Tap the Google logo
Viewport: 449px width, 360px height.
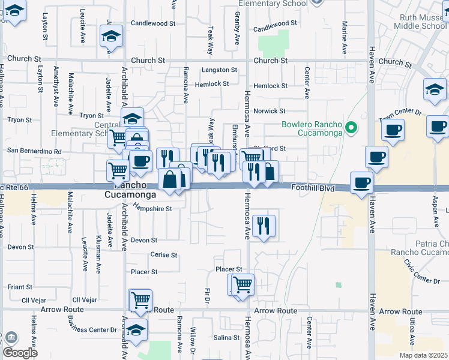pos(20,353)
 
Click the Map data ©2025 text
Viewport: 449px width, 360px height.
pos(423,355)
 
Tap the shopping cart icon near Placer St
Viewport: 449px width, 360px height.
pos(243,284)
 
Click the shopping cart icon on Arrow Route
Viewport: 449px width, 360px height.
pos(141,299)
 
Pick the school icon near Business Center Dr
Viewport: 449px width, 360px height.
pos(136,329)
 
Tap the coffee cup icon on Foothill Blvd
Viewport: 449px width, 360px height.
pos(361,182)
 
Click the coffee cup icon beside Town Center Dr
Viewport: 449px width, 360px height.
pos(393,129)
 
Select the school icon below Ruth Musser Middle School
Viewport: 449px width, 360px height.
pos(435,89)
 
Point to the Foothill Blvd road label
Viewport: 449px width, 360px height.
pos(312,188)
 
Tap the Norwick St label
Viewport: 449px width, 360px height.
pos(269,111)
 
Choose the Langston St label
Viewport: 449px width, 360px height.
pos(216,70)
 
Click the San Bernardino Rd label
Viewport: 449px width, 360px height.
pos(34,151)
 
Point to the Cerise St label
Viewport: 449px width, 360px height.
pos(164,255)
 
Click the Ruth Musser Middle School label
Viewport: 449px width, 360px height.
pos(418,22)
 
